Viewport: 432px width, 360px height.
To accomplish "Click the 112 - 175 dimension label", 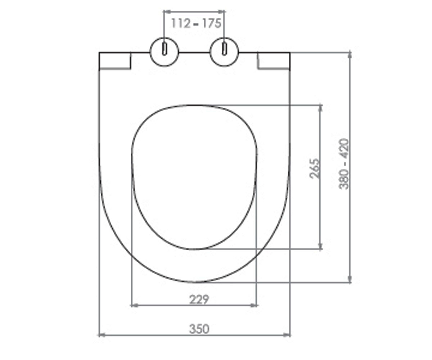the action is point(196,23).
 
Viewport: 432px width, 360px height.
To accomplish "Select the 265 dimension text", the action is point(314,168).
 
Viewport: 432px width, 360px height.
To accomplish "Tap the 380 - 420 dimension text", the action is point(344,164).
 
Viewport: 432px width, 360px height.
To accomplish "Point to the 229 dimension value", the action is point(199,300).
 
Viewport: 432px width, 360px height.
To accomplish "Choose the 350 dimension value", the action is point(199,329).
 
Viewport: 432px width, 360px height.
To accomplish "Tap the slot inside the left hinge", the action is point(165,49).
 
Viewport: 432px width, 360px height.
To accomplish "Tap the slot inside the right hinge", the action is point(224,49).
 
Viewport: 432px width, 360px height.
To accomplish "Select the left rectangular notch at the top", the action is point(115,60).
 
